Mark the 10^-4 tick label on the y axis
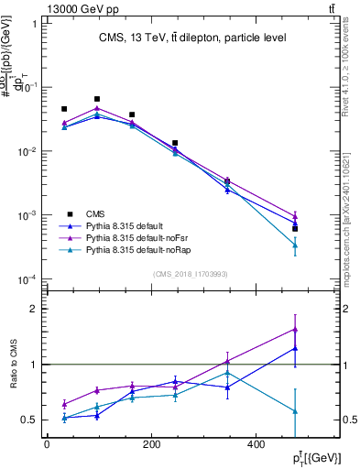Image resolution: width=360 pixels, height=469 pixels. [x=27, y=279]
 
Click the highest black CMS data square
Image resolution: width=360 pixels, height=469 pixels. [x=97, y=99]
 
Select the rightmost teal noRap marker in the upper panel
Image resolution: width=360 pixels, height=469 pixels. [x=295, y=245]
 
